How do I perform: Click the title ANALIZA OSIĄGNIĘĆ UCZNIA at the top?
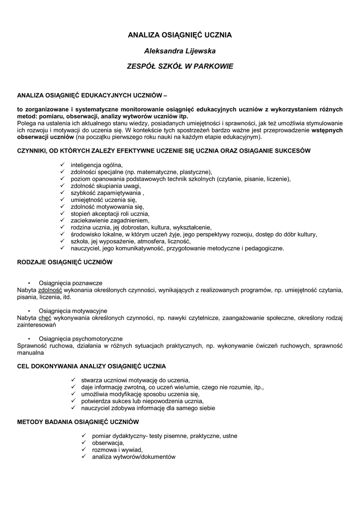(180, 35)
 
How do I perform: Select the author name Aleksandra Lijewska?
(180, 50)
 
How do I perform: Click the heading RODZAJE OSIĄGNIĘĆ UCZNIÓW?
(65, 261)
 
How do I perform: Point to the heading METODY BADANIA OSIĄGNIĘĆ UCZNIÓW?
(77, 422)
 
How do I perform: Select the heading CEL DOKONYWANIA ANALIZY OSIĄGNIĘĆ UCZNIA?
(91, 366)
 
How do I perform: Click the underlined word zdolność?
(50, 290)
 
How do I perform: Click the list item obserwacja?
(104, 443)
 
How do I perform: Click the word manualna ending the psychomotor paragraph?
(30, 352)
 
